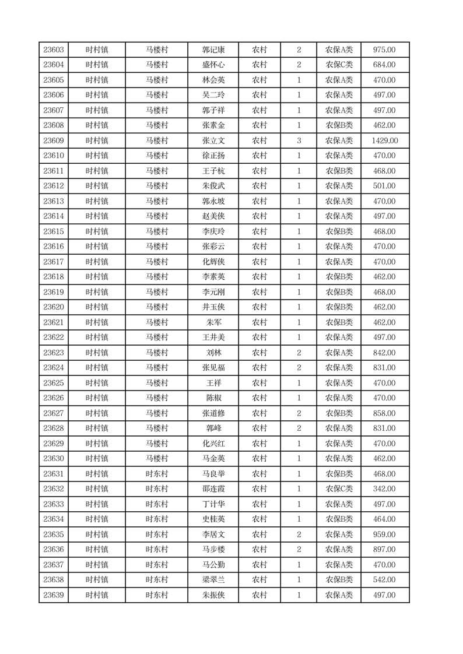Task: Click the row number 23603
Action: click(x=54, y=50)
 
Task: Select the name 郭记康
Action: click(x=213, y=50)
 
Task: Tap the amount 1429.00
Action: click(x=385, y=140)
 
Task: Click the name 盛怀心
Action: click(x=213, y=65)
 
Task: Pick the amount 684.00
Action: click(x=385, y=65)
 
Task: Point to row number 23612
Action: click(x=54, y=186)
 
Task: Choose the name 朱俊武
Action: click(x=213, y=186)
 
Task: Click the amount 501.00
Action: click(x=385, y=186)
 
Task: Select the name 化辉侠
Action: click(x=213, y=262)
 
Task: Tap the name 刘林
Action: click(x=213, y=353)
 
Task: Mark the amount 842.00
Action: click(x=385, y=353)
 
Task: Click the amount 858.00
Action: click(x=385, y=413)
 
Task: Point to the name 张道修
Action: click(x=213, y=413)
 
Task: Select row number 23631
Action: click(x=54, y=474)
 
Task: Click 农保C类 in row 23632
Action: click(x=339, y=489)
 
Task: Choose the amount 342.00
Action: click(x=385, y=489)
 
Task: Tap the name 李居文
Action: click(x=213, y=535)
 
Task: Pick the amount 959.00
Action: click(x=385, y=535)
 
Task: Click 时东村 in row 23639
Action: click(x=157, y=595)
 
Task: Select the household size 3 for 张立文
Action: click(x=299, y=140)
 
